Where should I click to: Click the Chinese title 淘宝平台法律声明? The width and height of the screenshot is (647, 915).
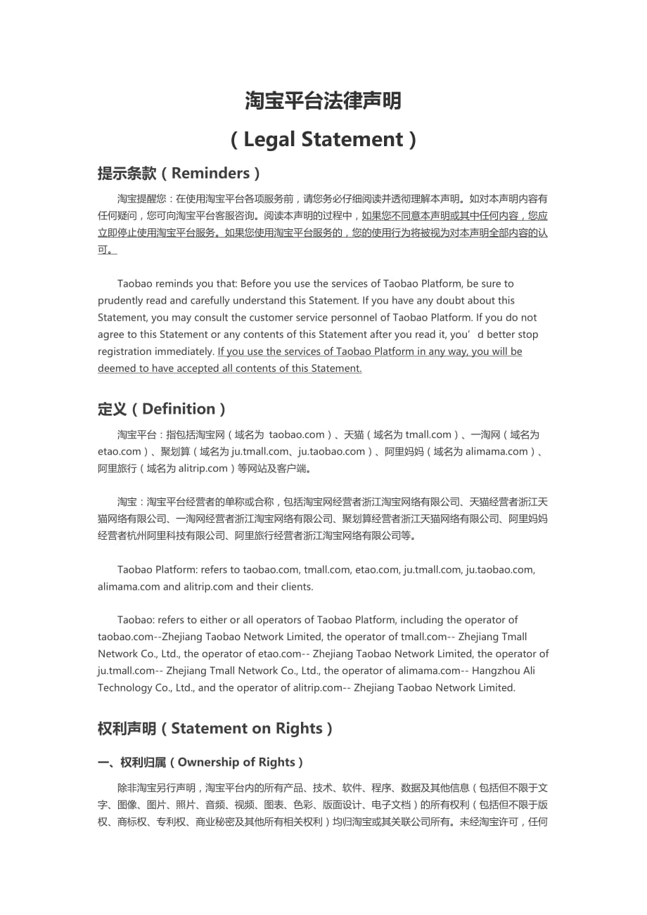[323, 101]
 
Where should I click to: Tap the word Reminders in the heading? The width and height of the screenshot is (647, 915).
[210, 173]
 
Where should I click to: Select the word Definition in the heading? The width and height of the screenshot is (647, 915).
[179, 409]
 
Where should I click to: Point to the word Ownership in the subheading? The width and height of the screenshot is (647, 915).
[210, 762]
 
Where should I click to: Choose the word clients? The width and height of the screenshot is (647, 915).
[296, 586]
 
